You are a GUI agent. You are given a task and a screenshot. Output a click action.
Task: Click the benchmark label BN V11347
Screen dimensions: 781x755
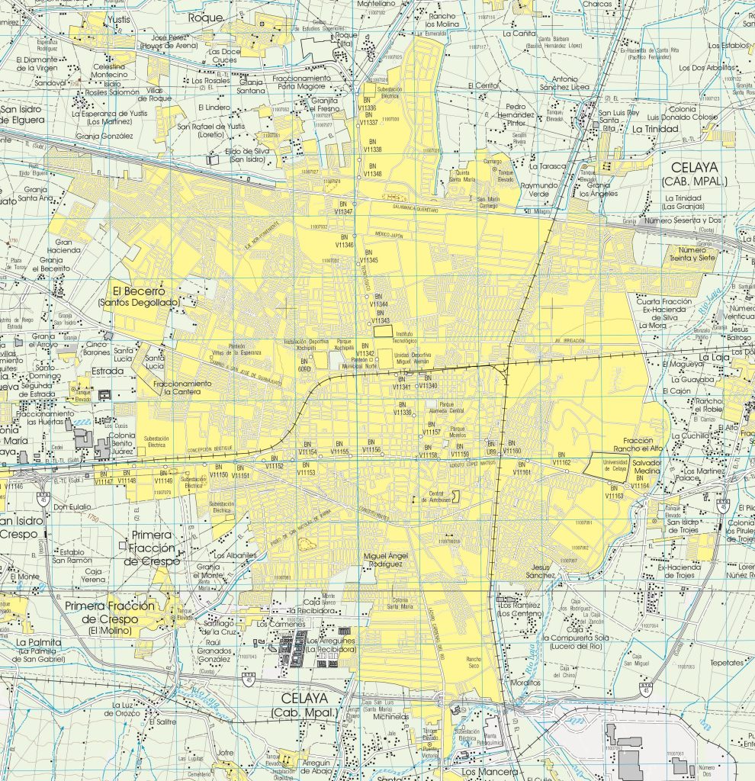pos(345,207)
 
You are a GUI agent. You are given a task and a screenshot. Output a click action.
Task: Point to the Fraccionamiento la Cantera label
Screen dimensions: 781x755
pos(181,387)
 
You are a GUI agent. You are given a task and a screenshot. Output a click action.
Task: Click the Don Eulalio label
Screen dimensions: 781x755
pos(72,506)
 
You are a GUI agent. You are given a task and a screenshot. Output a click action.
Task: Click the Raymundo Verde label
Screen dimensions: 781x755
pos(539,190)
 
